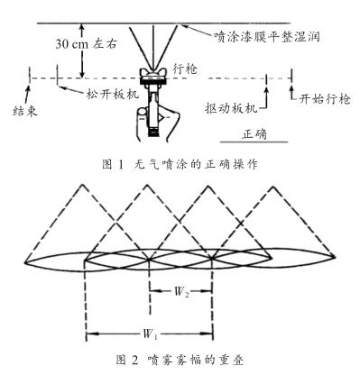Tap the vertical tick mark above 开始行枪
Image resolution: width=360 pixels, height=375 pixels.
coord(292,82)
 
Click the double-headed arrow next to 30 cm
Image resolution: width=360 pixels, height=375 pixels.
coord(82,50)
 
